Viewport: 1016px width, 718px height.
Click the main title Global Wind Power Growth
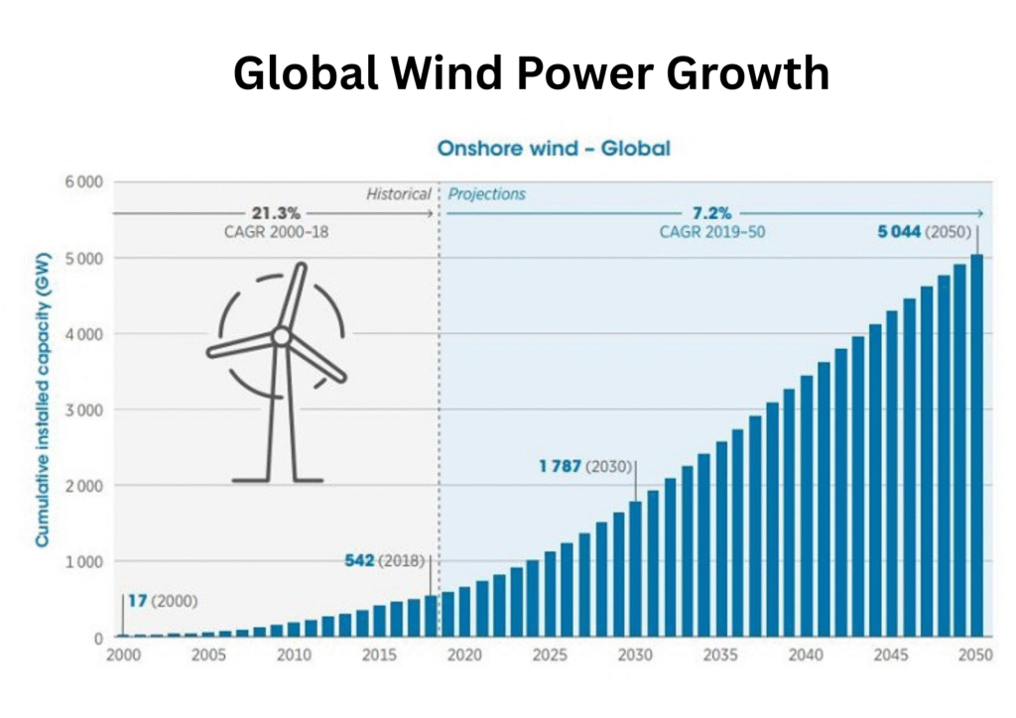[531, 73]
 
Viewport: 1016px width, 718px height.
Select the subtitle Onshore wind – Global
[554, 149]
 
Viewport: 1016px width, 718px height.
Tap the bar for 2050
[976, 446]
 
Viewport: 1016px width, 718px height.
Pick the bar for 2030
[635, 569]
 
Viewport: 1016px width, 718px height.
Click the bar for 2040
[807, 507]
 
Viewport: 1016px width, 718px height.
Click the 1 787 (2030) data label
[586, 466]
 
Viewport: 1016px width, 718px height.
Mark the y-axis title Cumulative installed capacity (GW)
[44, 409]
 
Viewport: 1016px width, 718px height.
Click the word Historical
[398, 194]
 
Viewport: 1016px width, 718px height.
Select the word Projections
[486, 194]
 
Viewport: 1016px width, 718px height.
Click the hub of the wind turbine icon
[282, 337]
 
